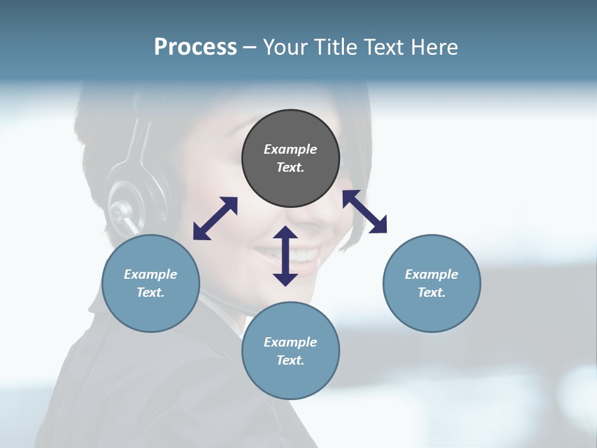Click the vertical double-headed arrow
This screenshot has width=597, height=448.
[x=285, y=256]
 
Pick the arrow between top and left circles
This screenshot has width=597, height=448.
[x=215, y=218]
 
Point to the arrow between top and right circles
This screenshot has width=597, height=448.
[x=364, y=212]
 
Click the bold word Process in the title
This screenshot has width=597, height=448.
[x=195, y=47]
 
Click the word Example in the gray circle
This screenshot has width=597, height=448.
[x=290, y=149]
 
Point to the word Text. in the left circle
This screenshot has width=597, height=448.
[x=150, y=292]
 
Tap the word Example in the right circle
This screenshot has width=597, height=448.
[x=432, y=274]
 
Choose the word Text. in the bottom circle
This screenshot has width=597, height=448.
[x=290, y=360]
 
